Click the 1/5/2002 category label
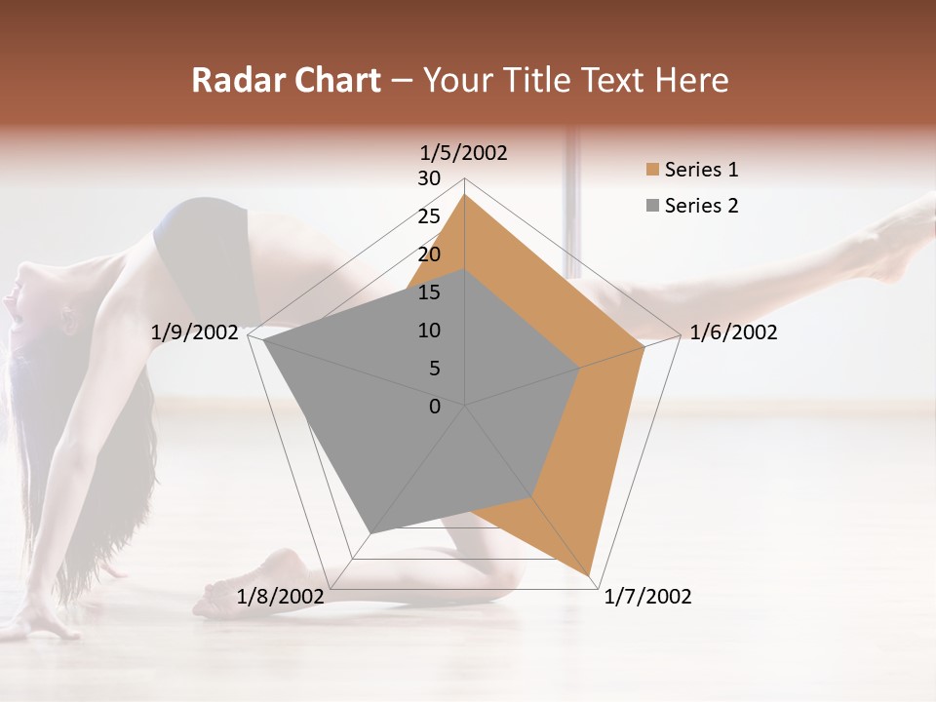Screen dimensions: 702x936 464,153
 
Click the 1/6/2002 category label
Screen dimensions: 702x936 733,332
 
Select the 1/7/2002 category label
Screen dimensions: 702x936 647,597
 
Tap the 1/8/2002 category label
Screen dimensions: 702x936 281,597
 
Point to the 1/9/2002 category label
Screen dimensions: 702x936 195,332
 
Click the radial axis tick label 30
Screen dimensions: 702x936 429,178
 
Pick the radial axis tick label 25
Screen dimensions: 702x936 429,216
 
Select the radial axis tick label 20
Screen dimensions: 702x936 429,254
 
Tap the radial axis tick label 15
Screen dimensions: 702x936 429,292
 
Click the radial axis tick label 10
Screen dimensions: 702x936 429,331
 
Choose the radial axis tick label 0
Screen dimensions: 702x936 435,407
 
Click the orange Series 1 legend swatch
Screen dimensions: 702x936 651,170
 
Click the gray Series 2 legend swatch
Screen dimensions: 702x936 651,206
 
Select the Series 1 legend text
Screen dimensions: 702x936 701,170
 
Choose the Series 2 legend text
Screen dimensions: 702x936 701,206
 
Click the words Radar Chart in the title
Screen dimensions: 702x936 286,80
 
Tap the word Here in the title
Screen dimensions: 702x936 691,80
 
